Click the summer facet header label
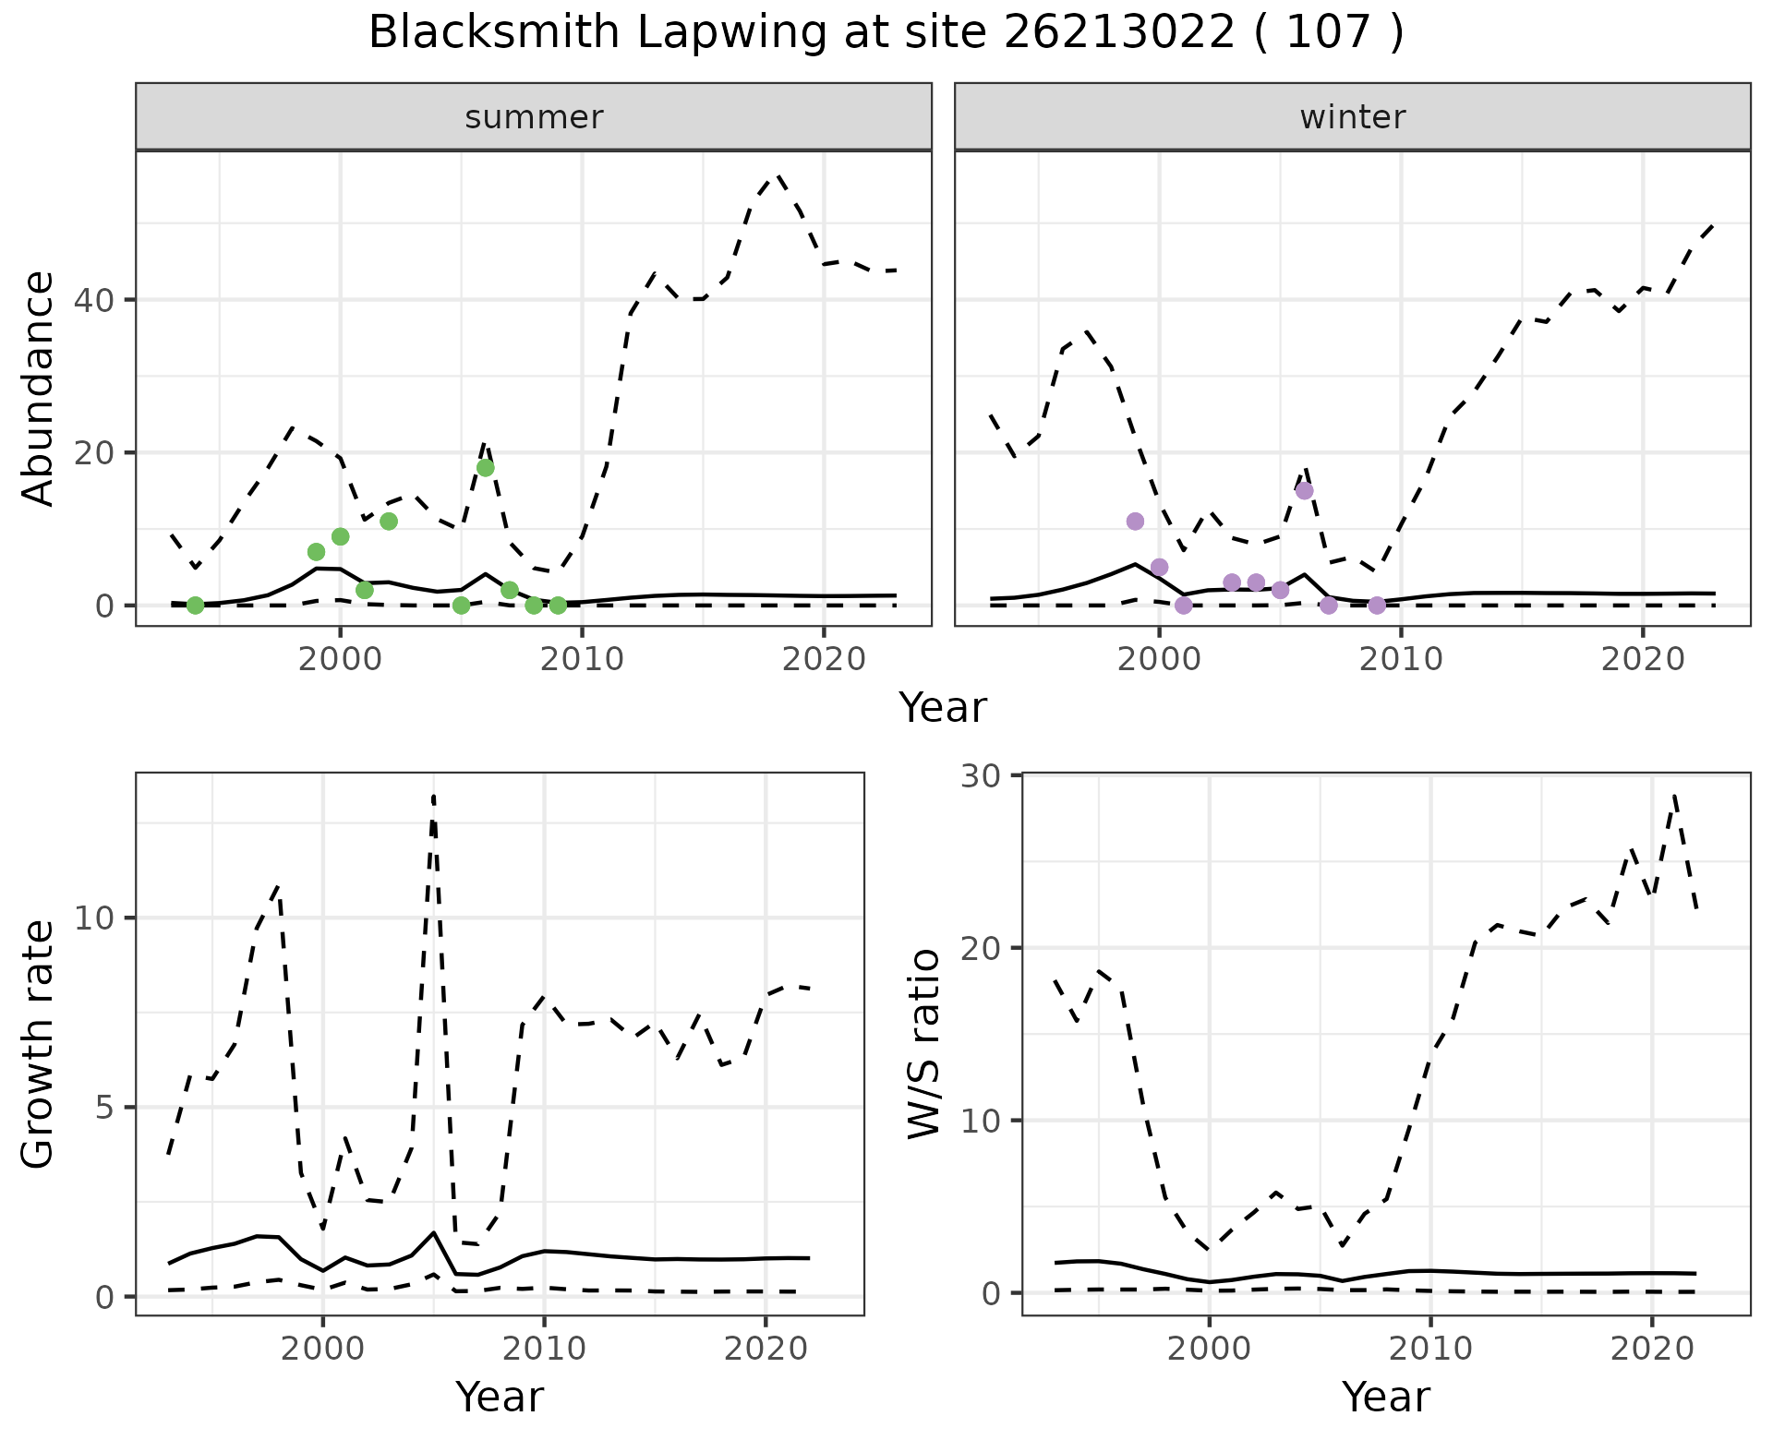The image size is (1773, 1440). tap(534, 117)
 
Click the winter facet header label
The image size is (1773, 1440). tap(1352, 117)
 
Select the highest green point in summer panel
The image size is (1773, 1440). tap(486, 468)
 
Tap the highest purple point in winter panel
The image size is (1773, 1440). tap(1304, 490)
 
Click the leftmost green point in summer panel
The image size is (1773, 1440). tap(195, 606)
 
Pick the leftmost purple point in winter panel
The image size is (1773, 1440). tap(1135, 522)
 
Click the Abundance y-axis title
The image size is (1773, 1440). tap(38, 388)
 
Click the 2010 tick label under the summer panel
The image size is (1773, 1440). tap(582, 659)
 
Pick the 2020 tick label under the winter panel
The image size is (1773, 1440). tap(1642, 659)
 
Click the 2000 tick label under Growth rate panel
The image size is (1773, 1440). tap(323, 1349)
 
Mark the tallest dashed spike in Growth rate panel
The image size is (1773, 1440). tap(433, 796)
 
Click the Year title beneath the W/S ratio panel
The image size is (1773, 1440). tap(1385, 1397)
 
